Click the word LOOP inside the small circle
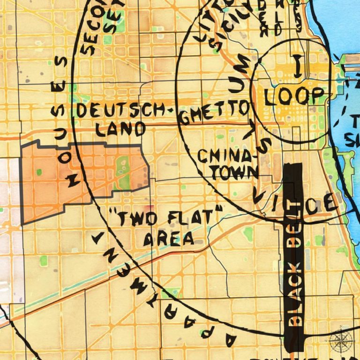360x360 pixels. (x=294, y=96)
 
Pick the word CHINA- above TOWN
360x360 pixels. (x=228, y=156)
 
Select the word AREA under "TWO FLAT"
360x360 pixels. (x=168, y=239)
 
